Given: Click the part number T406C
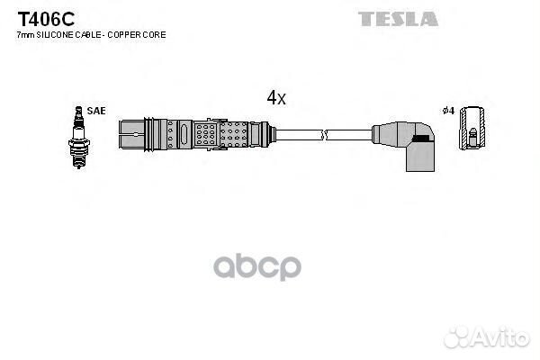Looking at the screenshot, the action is pyautogui.click(x=46, y=19).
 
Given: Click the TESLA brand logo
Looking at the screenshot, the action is pyautogui.click(x=398, y=19).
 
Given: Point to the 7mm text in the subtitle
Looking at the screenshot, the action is pyautogui.click(x=25, y=35).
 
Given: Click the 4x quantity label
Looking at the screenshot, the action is pyautogui.click(x=276, y=97).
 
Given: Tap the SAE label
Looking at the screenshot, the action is pyautogui.click(x=96, y=111).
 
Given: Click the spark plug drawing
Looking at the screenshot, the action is pyautogui.click(x=79, y=137).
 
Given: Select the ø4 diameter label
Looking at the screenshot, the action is pyautogui.click(x=448, y=111).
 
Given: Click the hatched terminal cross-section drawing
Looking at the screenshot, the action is pyautogui.click(x=472, y=128).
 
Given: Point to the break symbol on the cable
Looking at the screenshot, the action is pyautogui.click(x=324, y=135).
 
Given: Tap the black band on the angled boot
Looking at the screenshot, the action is pyautogui.click(x=421, y=138).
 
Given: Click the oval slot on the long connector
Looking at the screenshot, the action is pyautogui.click(x=184, y=134).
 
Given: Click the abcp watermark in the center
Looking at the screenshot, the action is pyautogui.click(x=257, y=267).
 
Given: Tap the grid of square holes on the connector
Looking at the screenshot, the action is pyautogui.click(x=205, y=134).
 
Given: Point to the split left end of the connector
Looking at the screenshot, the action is pyautogui.click(x=131, y=134).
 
